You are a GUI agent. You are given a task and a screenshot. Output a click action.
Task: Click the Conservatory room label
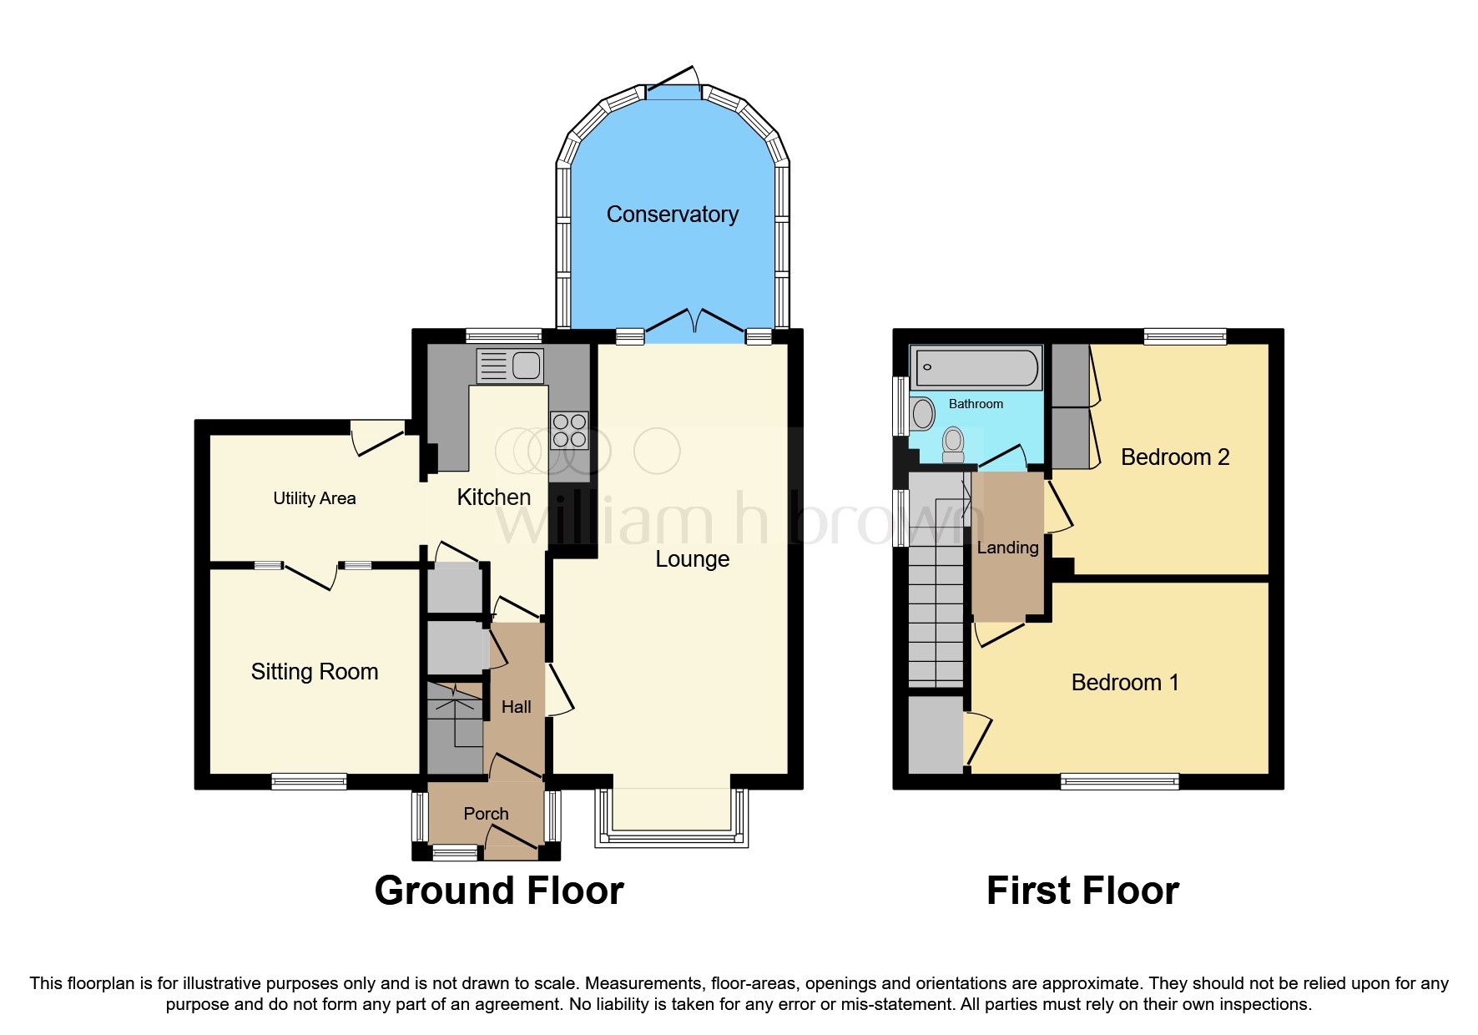pos(672,215)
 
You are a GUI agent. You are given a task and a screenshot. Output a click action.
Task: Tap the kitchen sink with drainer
pos(509,366)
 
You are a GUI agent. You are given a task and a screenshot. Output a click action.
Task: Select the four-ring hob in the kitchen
pos(569,431)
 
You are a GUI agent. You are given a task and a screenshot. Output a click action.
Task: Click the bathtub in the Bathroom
pos(976,367)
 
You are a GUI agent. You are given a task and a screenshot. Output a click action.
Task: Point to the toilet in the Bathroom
pos(953,444)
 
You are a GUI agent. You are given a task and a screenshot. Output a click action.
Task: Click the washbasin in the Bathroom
pos(922,414)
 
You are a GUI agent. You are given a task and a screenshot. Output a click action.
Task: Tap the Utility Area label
pos(314,498)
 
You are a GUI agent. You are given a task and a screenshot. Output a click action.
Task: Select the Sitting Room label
pos(314,672)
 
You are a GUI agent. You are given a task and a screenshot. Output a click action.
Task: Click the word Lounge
pos(692,559)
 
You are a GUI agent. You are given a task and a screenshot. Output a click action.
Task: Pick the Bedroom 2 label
pos(1174,457)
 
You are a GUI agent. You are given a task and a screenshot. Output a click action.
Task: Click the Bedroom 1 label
pos(1124,683)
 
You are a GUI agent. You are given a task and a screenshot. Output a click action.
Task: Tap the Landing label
pos(1007,548)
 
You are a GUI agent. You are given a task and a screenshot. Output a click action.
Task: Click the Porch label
pos(486,814)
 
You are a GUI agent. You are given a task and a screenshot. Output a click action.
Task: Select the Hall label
pos(516,707)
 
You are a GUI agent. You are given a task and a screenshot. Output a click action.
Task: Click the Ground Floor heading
pos(499,891)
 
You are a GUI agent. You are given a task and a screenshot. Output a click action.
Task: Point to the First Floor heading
pos(1082,891)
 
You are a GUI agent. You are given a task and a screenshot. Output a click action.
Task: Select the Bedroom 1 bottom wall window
pos(1119,781)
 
